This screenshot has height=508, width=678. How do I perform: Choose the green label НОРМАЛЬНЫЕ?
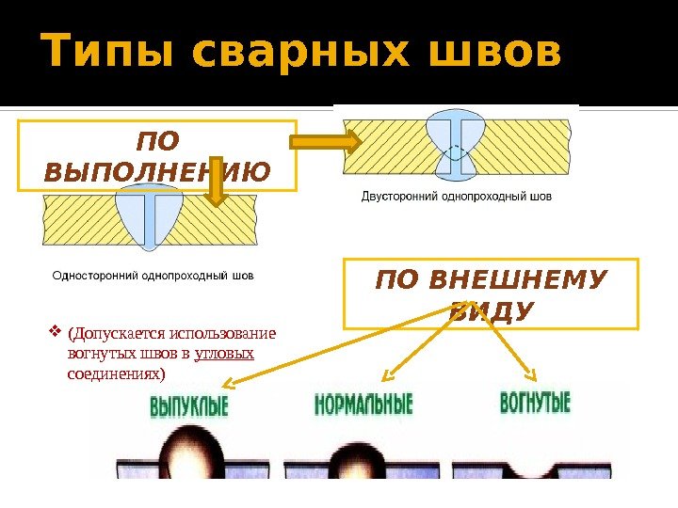coord(363,405)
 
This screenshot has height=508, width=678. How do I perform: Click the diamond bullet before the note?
coord(55,332)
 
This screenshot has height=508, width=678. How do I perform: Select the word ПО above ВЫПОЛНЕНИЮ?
coord(156,143)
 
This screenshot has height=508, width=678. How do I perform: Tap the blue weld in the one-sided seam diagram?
coord(149,216)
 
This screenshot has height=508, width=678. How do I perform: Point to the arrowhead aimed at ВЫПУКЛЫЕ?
coord(230,383)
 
